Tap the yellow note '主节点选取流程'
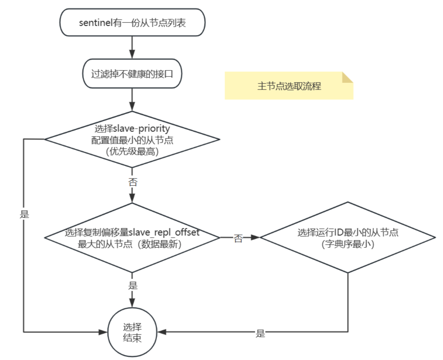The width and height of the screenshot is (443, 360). click(x=289, y=86)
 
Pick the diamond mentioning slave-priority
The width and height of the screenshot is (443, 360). click(x=132, y=139)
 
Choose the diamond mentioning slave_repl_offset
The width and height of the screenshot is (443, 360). click(x=132, y=238)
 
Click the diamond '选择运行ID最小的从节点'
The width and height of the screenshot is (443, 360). click(x=348, y=238)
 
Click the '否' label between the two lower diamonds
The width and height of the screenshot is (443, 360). click(x=238, y=238)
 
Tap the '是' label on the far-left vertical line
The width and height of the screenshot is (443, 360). click(x=24, y=214)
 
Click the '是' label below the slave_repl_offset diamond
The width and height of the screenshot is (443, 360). click(x=133, y=285)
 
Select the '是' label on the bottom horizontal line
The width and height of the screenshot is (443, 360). click(x=260, y=333)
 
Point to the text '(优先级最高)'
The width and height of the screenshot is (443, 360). click(x=132, y=151)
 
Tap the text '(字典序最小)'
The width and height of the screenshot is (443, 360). click(x=348, y=244)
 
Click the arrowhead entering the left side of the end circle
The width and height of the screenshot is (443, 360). click(x=104, y=332)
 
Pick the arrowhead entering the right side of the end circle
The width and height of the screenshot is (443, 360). click(x=159, y=332)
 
